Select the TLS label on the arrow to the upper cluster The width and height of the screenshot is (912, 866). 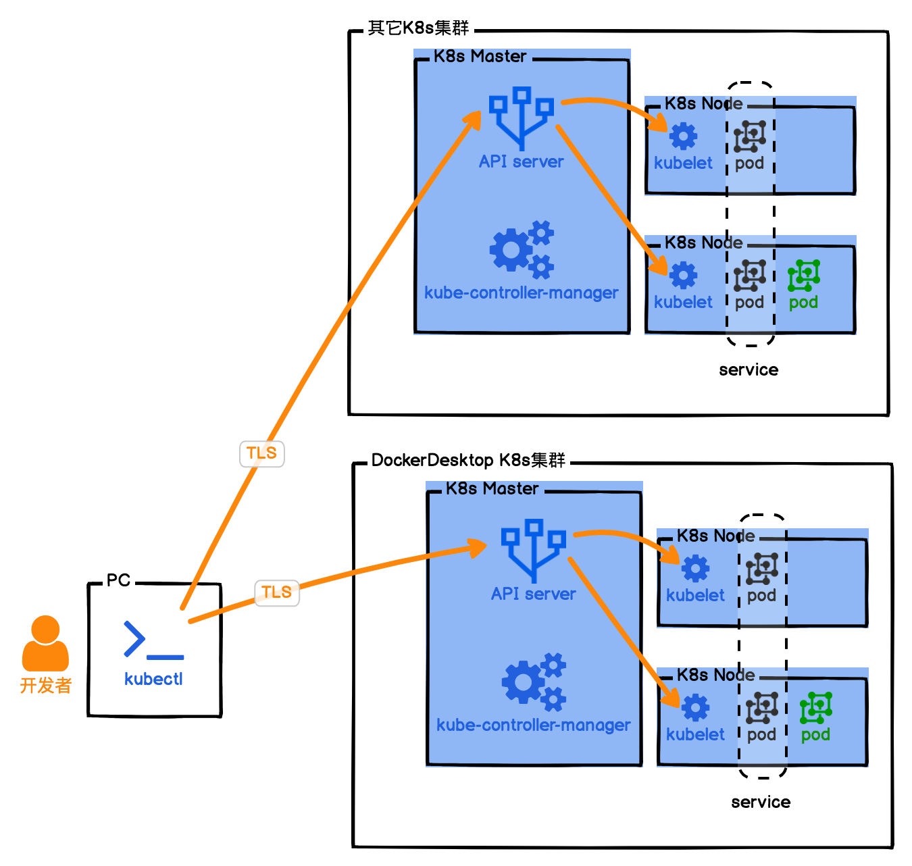261,453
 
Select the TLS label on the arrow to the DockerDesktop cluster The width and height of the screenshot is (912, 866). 276,592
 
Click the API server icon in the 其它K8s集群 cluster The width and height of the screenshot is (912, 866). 521,118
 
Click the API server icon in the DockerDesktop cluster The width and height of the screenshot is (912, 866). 533,550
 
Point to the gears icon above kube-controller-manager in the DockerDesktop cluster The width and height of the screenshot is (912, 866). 534,682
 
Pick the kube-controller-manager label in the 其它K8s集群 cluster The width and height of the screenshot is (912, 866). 521,293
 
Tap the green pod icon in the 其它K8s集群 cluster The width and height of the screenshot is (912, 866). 804,275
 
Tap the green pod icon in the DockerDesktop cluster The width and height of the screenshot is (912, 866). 816,707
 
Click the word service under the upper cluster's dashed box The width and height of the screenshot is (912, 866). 749,370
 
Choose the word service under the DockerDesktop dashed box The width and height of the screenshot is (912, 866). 761,803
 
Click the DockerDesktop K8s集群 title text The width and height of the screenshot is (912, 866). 468,461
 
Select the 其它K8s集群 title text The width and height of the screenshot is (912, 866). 418,28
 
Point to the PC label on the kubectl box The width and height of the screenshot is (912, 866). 118,581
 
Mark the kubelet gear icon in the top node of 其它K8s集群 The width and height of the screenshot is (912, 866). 683,136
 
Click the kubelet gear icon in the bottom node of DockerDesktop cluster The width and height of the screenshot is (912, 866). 695,707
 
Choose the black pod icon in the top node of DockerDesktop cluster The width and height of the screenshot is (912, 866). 762,568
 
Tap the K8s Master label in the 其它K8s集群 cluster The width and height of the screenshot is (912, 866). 480,57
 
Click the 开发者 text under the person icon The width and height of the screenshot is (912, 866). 45,686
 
